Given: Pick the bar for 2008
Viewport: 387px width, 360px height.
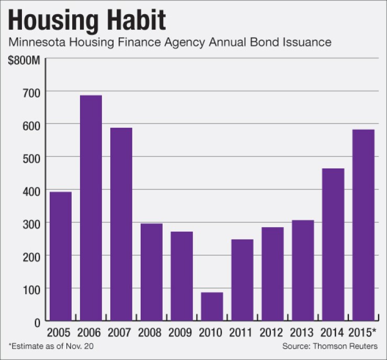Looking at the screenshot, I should [151, 272].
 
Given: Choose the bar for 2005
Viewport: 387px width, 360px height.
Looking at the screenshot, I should [60, 256].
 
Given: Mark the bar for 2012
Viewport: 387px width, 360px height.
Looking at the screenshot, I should [272, 274].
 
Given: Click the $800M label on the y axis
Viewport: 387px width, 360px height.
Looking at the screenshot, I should [24, 61].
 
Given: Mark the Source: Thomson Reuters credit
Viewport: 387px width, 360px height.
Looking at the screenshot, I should [329, 346].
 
